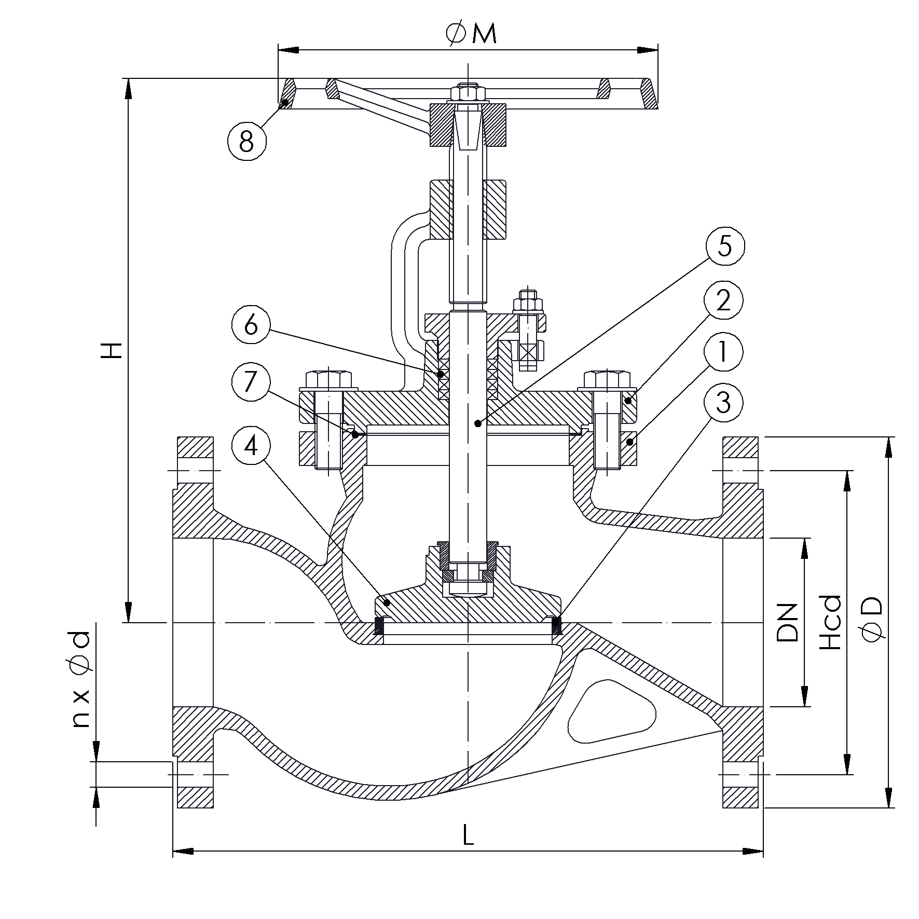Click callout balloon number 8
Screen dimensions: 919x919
246,140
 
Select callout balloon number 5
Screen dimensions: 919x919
724,245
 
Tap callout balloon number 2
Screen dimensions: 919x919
723,300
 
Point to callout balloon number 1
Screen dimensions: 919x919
723,352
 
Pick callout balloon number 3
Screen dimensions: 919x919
723,402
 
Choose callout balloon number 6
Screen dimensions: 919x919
251,325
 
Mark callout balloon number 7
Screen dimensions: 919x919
251,383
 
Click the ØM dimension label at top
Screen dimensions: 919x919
471,34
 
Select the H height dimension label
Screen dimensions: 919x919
111,350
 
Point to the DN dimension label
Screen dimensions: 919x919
787,622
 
